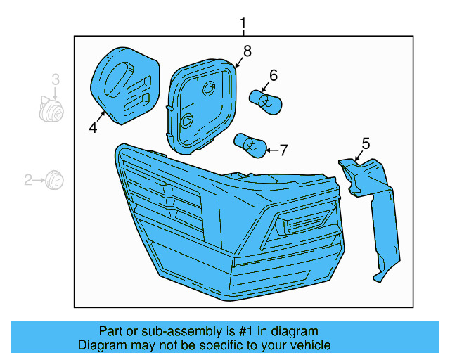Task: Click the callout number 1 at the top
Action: pos(243,27)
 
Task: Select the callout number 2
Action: pos(28,181)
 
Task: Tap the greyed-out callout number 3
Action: pos(55,80)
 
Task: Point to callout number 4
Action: pos(92,127)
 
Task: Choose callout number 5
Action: pos(365,144)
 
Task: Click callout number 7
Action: pos(283,150)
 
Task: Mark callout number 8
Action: pos(247,51)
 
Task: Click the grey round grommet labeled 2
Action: pos(54,181)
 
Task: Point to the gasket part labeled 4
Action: pos(125,84)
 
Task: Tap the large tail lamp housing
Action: pos(225,225)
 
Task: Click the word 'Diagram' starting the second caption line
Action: pos(101,345)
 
